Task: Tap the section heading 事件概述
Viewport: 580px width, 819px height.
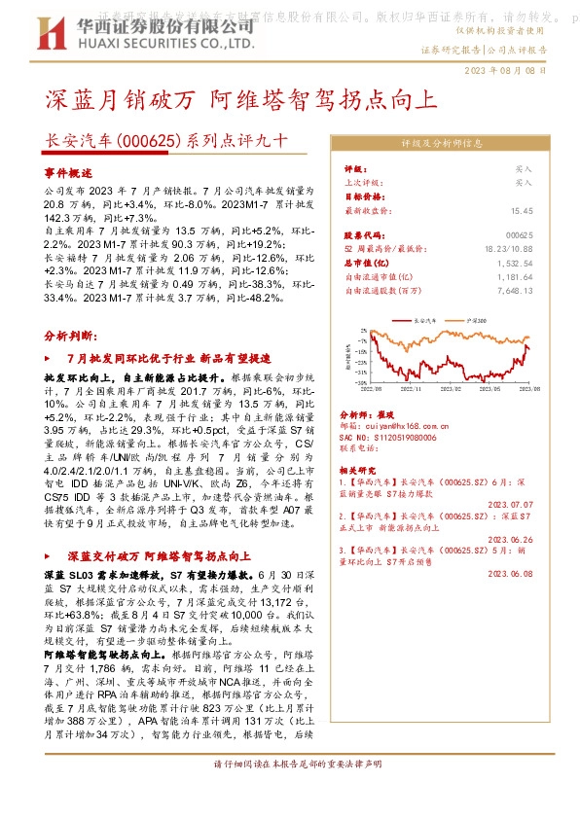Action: [x=66, y=171]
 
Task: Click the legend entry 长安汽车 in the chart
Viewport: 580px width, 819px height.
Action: [x=428, y=318]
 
